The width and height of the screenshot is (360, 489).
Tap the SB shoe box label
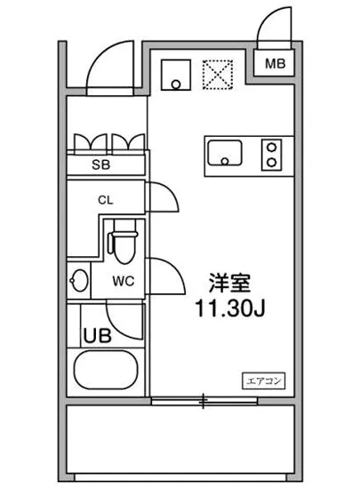[x=105, y=164]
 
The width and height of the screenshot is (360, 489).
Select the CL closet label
[x=106, y=200]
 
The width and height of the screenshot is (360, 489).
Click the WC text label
[x=123, y=283]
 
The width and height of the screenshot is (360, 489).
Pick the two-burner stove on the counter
[x=271, y=154]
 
